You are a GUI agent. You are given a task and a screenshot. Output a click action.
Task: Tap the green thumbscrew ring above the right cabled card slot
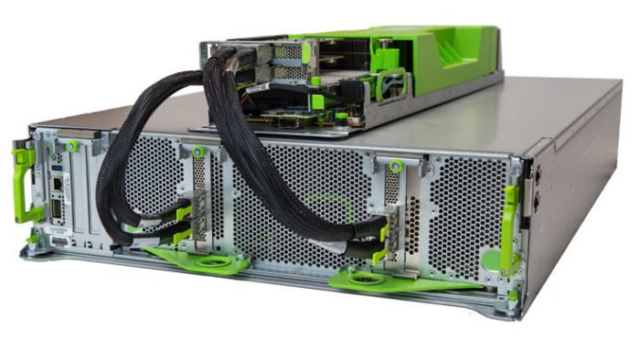click(x=396, y=167)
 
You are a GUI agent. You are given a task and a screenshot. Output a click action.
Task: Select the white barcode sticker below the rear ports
click(x=59, y=241)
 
